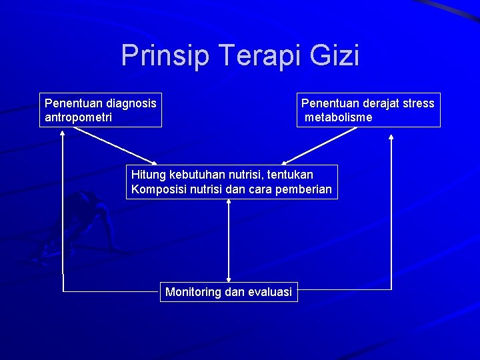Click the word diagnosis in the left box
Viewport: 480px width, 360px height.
(126, 103)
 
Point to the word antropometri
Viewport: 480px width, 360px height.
(78, 117)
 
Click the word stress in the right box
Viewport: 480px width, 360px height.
(417, 103)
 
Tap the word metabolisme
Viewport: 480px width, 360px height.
(339, 117)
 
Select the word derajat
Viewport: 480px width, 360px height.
(375, 103)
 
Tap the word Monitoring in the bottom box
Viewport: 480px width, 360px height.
(193, 292)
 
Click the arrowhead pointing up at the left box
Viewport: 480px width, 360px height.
(63, 133)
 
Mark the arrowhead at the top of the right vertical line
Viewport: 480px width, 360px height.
(391, 137)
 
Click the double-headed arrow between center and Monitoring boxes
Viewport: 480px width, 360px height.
(229, 240)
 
